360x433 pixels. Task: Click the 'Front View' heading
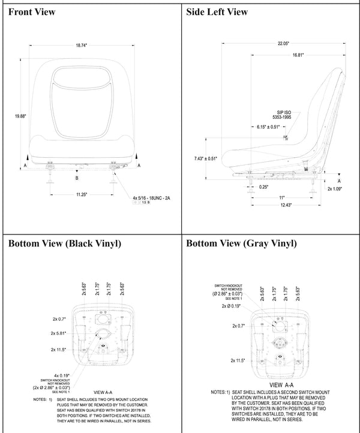coord(32,11)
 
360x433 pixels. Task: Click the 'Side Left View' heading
coord(217,11)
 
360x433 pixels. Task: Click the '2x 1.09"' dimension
coord(337,188)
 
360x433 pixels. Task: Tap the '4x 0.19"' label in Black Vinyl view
coord(61,376)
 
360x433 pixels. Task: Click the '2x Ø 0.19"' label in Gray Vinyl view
coord(232,306)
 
